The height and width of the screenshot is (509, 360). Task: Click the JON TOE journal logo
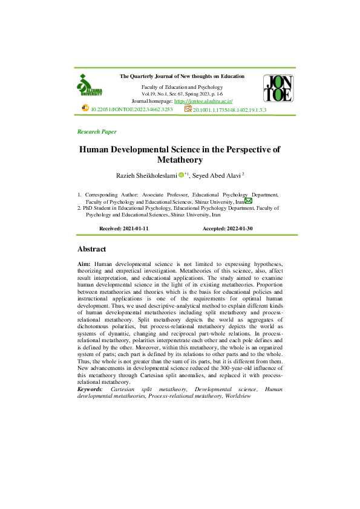(x=278, y=88)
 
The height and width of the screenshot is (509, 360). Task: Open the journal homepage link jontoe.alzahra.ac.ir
(x=203, y=101)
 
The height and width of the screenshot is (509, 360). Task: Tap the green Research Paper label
(x=97, y=131)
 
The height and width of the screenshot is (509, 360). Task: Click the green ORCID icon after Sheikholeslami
(x=181, y=175)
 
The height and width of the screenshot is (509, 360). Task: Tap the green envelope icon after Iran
(x=249, y=201)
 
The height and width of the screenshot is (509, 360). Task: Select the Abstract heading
(x=92, y=249)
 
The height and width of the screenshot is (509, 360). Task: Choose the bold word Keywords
(x=90, y=389)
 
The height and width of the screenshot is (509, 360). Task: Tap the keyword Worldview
(x=237, y=396)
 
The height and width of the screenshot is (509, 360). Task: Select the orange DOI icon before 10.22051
(x=85, y=109)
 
